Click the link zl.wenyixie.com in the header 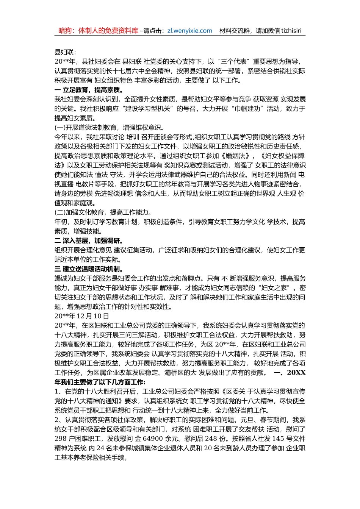pos(189,31)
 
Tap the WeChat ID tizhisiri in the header pos(291,31)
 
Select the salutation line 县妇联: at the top pos(65,52)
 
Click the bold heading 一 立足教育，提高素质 pos(89,90)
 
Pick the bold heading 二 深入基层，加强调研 pos(89,241)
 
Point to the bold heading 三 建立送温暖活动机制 pos(89,269)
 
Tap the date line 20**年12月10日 pos(82,316)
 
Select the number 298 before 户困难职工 pos(60,439)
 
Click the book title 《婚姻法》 pos(237,156)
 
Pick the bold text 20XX pos(296,373)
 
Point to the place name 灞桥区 pos(180,373)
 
